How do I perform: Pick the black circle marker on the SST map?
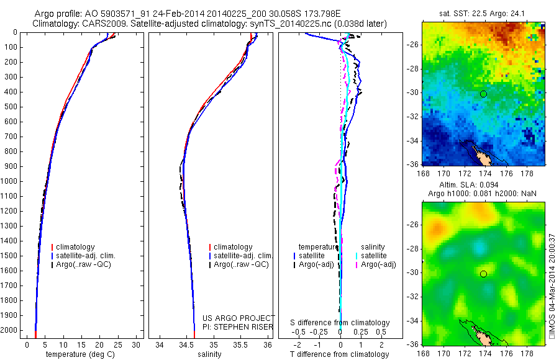[x=483, y=94]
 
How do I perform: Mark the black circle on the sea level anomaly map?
[x=483, y=274]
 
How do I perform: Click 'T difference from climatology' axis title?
[x=340, y=354]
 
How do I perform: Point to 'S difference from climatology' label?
[x=340, y=323]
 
